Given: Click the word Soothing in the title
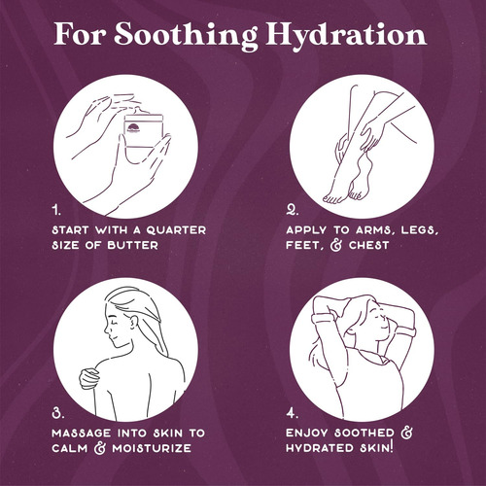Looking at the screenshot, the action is (x=186, y=36).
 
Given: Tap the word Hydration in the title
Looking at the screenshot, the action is (x=346, y=36).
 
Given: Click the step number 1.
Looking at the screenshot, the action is (x=56, y=211).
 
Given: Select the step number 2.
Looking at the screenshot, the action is (x=292, y=211).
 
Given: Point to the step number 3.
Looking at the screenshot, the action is (x=58, y=413).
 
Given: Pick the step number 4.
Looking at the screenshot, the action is (x=292, y=413).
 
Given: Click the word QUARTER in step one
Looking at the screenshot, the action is (x=176, y=230).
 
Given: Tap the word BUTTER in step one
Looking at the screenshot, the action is (x=132, y=245).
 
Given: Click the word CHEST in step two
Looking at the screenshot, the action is (x=368, y=245).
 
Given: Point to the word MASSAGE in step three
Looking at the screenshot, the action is (x=82, y=434).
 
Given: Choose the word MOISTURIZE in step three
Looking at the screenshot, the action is (x=152, y=448).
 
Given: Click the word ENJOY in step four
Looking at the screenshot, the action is (x=307, y=433).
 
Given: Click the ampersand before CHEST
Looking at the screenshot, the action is (x=336, y=245).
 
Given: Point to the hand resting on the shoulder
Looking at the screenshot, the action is (x=88, y=378).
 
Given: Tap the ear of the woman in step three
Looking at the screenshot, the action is (x=133, y=322).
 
